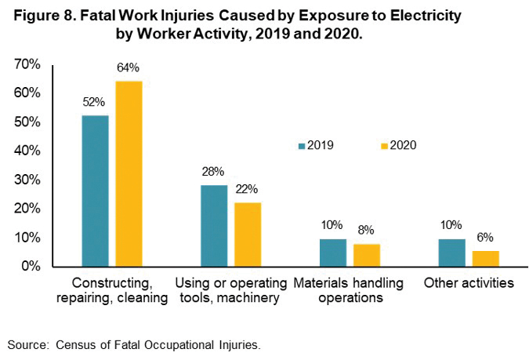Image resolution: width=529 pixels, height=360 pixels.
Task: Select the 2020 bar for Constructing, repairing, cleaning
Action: (129, 173)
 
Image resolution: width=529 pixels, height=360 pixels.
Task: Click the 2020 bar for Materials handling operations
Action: (367, 255)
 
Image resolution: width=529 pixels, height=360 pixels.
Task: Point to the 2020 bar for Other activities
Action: (486, 258)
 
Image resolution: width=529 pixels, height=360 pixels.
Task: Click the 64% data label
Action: (128, 67)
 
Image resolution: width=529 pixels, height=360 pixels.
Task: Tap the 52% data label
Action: (94, 102)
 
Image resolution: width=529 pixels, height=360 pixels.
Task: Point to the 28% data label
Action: (213, 172)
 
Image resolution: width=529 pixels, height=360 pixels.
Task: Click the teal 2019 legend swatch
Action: (301, 145)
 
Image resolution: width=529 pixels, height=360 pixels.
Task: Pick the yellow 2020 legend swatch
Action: (384, 145)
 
